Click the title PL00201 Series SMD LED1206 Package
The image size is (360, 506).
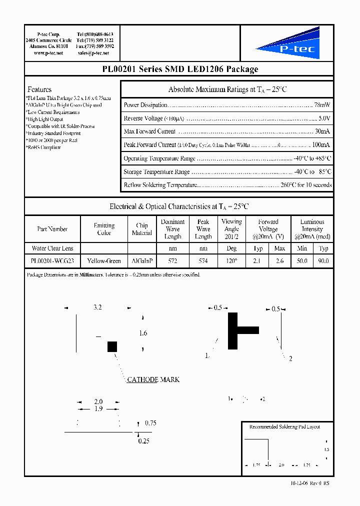[179, 69]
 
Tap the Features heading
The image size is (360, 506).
[39, 89]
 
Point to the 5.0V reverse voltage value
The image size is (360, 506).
[324, 118]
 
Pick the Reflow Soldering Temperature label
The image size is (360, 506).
[159, 185]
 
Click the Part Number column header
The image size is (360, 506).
[52, 229]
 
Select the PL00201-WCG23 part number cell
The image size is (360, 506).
[52, 261]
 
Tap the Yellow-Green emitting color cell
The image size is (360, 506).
[104, 261]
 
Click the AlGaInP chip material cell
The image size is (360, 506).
[142, 261]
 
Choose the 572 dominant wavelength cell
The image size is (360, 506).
[172, 261]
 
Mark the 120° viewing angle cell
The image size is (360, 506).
[231, 261]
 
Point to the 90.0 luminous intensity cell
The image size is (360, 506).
[323, 261]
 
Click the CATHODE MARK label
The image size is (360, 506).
[153, 379]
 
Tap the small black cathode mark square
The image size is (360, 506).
[112, 346]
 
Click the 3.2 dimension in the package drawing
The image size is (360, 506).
[97, 308]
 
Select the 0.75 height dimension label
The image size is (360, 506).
[150, 423]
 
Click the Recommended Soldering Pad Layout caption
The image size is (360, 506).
[284, 426]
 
